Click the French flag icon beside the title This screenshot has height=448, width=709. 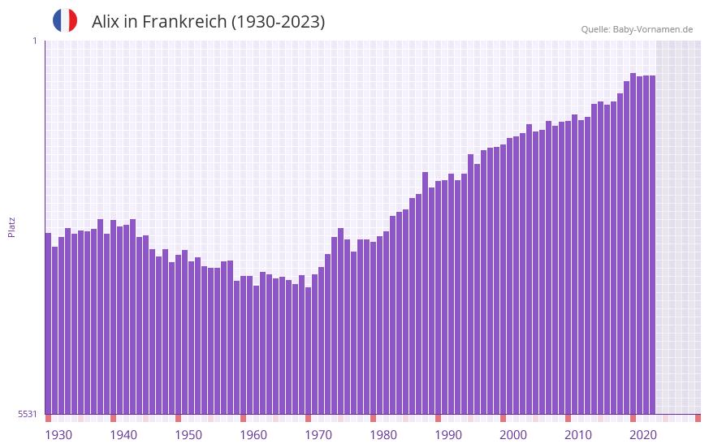tap(65, 20)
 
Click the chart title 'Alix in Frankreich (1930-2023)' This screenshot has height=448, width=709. tap(208, 22)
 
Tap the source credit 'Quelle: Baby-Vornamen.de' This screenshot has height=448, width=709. tap(637, 29)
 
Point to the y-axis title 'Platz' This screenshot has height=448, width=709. tap(11, 226)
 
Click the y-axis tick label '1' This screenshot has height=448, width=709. tap(34, 41)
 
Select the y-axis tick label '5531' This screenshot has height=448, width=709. tap(28, 414)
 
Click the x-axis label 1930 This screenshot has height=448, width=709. tap(58, 435)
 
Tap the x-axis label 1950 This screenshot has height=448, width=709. tap(188, 435)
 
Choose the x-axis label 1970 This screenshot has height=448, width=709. tap(318, 435)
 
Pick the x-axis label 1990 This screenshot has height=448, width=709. tap(448, 435)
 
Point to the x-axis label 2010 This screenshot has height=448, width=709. tap(578, 435)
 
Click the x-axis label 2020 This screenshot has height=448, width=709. tap(643, 435)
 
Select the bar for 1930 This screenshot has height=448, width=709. tap(48, 325)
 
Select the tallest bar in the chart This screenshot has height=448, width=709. tap(633, 243)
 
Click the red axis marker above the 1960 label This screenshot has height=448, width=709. tap(243, 418)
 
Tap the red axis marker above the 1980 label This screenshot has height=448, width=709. tap(373, 418)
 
